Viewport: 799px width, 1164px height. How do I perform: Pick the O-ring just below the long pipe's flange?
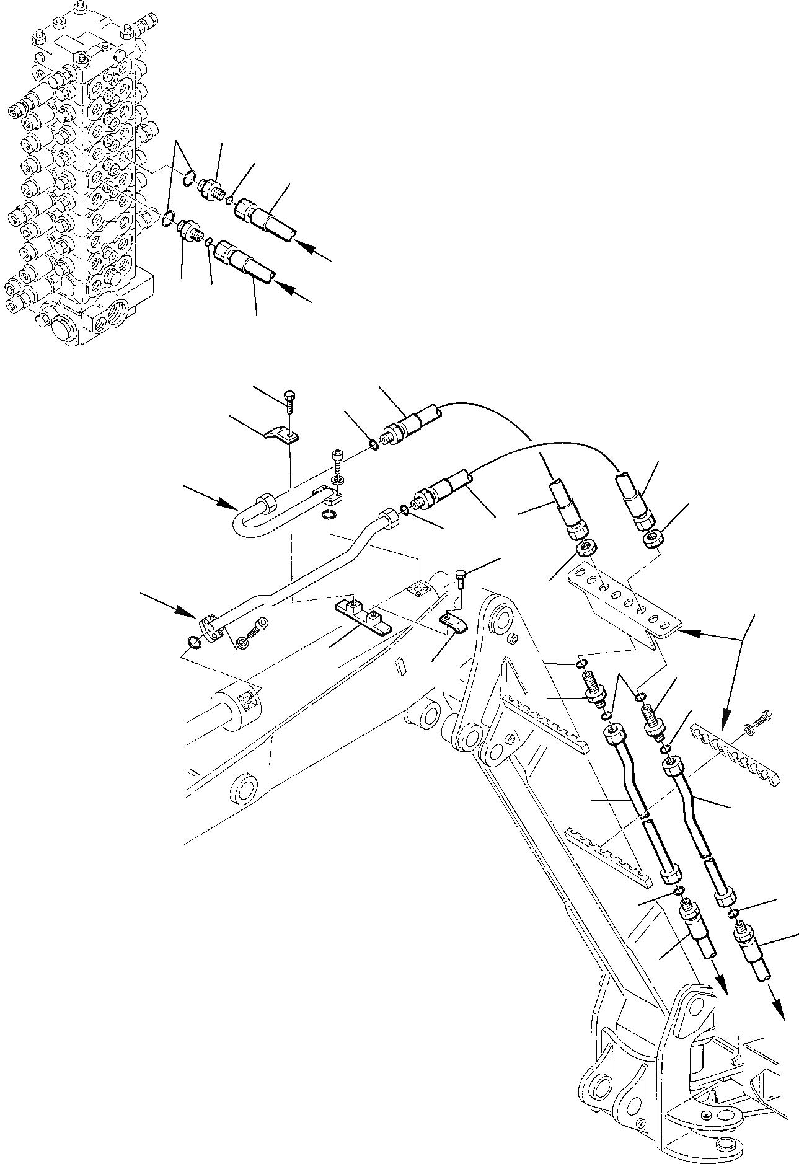pos(194,643)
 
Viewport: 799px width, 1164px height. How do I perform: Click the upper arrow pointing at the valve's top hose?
pos(312,251)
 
